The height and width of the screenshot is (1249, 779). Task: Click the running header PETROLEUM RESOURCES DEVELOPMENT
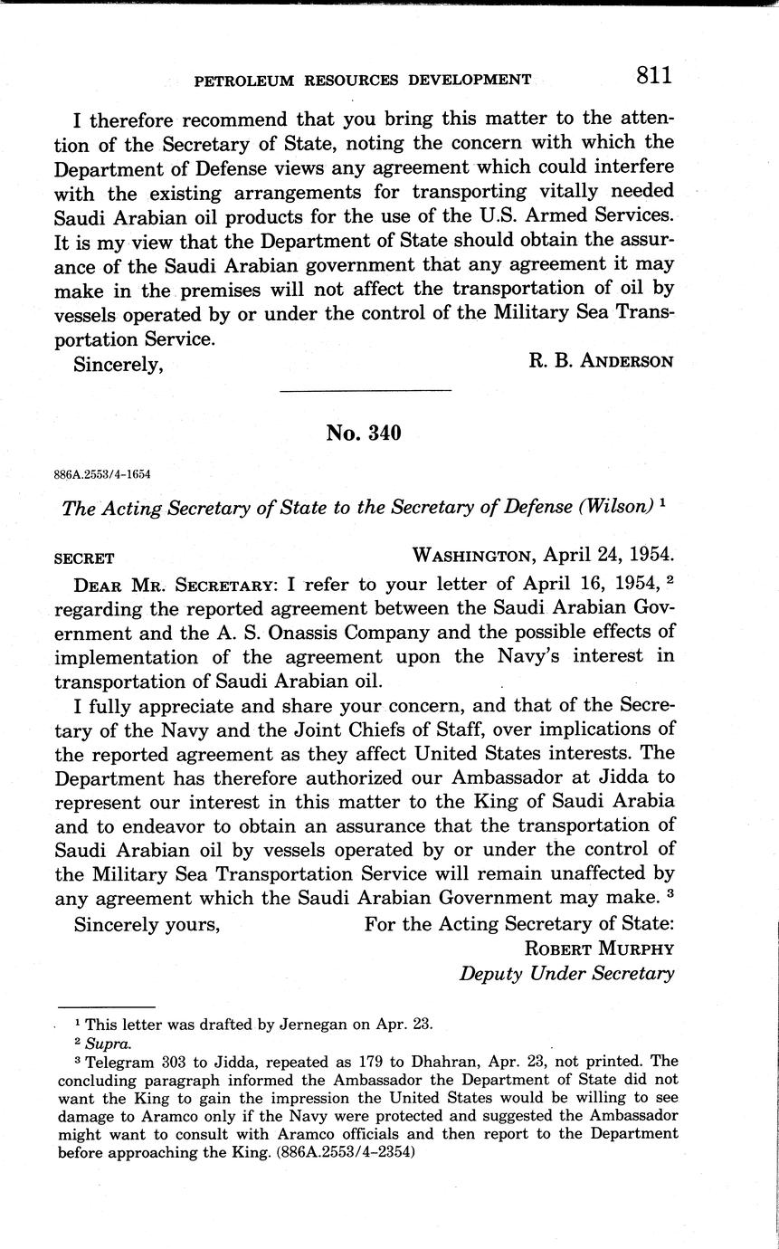pos(363,81)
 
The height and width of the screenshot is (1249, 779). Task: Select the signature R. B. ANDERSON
pos(601,361)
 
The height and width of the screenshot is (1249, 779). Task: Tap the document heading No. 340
pos(364,433)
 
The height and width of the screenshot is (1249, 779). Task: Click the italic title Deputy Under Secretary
pos(566,974)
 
